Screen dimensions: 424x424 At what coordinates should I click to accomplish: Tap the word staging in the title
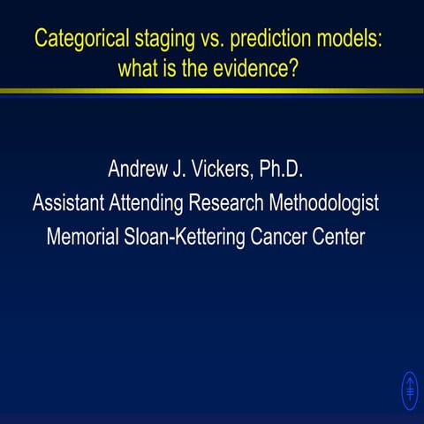point(163,40)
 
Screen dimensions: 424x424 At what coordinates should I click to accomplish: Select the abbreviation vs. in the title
point(209,39)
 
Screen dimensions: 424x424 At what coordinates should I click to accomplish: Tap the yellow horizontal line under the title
point(212,90)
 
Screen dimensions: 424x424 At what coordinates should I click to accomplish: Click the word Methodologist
point(327,203)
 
